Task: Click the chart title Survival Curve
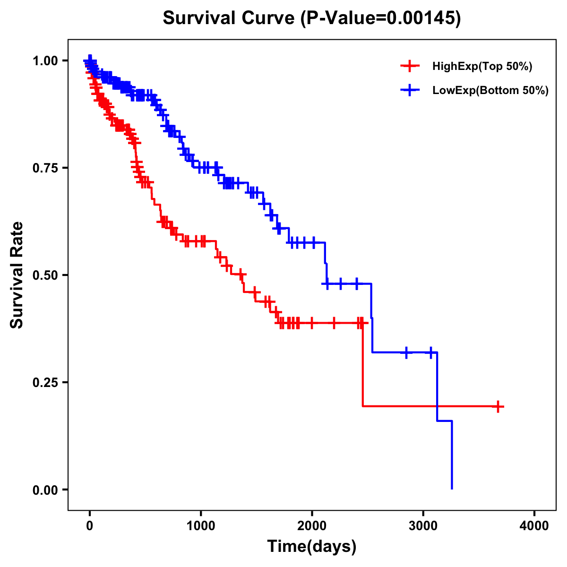[230, 18]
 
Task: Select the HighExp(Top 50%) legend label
[482, 67]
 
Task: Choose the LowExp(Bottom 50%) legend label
[490, 91]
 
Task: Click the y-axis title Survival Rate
[17, 275]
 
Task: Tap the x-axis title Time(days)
[311, 547]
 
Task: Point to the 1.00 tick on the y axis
[45, 60]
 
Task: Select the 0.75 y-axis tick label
[45, 168]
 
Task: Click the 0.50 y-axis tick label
[45, 275]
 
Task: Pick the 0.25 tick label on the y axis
[45, 382]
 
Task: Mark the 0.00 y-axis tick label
[45, 490]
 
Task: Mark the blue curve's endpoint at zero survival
[452, 489]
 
